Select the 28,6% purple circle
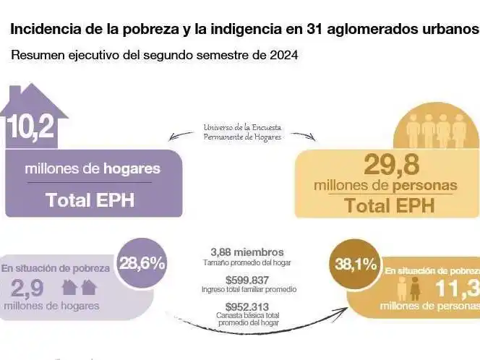click(x=142, y=263)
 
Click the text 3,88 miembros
click(x=248, y=252)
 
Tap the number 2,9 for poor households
click(x=27, y=288)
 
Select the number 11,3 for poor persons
click(x=457, y=288)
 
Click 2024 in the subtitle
click(x=283, y=54)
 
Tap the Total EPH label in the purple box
click(x=90, y=200)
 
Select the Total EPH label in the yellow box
click(x=389, y=205)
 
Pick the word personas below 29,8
click(x=423, y=185)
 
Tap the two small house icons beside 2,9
click(x=80, y=288)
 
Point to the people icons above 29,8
click(x=436, y=132)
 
